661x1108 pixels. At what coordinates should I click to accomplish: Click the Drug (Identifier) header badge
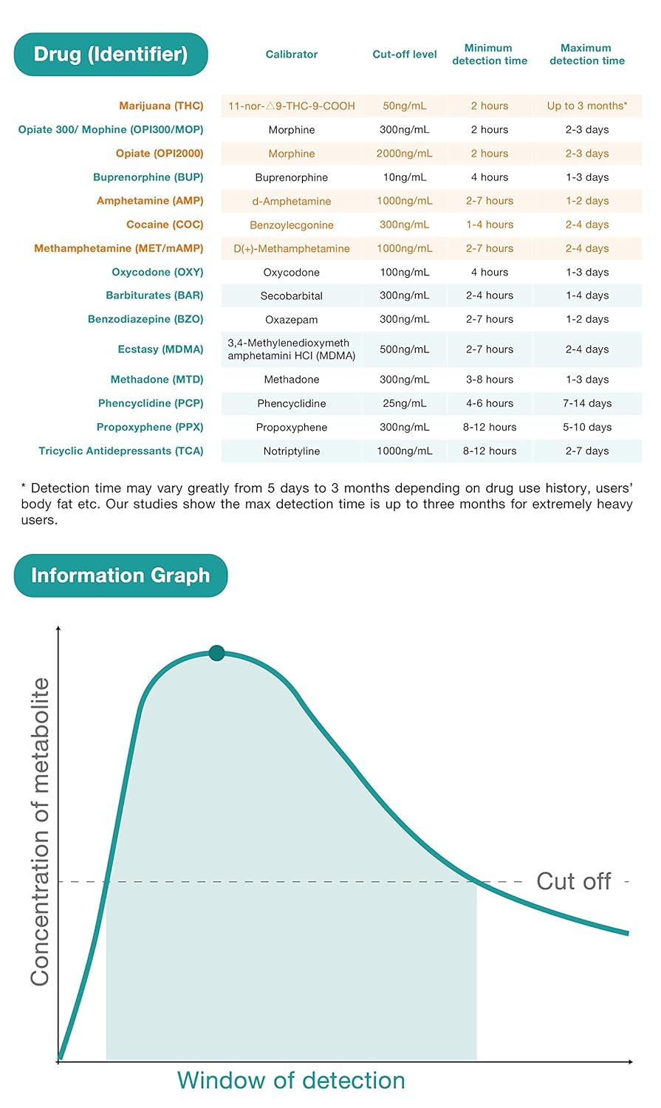[x=111, y=55]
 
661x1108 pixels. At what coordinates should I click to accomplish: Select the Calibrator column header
[x=292, y=55]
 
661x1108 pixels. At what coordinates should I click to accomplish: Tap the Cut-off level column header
[x=405, y=55]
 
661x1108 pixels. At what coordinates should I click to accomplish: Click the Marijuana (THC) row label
[x=161, y=106]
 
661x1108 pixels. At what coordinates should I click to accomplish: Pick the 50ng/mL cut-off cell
[x=405, y=106]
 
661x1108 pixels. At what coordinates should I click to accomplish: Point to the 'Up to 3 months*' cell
[x=587, y=106]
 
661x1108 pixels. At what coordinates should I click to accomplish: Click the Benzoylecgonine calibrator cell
[x=292, y=225]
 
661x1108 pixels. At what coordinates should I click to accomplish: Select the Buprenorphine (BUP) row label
[x=148, y=177]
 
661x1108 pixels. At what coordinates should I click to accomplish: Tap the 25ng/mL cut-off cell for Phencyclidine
[x=405, y=403]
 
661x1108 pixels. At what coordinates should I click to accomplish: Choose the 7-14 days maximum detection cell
[x=587, y=403]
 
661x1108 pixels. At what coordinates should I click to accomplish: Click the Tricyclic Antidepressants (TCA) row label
[x=121, y=451]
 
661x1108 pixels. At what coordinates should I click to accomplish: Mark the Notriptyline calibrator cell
[x=292, y=451]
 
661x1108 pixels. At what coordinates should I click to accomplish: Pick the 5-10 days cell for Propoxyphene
[x=587, y=427]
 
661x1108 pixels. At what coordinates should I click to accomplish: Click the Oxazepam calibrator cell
[x=292, y=319]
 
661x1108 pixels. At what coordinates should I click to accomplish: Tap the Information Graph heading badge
[x=120, y=575]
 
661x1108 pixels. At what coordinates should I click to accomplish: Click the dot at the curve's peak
[x=216, y=653]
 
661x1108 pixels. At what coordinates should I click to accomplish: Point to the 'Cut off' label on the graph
[x=574, y=881]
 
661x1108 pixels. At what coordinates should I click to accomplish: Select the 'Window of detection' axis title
[x=291, y=1081]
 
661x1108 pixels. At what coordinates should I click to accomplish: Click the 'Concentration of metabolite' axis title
[x=40, y=831]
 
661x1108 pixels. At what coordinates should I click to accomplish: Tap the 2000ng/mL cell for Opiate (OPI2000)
[x=405, y=154]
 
